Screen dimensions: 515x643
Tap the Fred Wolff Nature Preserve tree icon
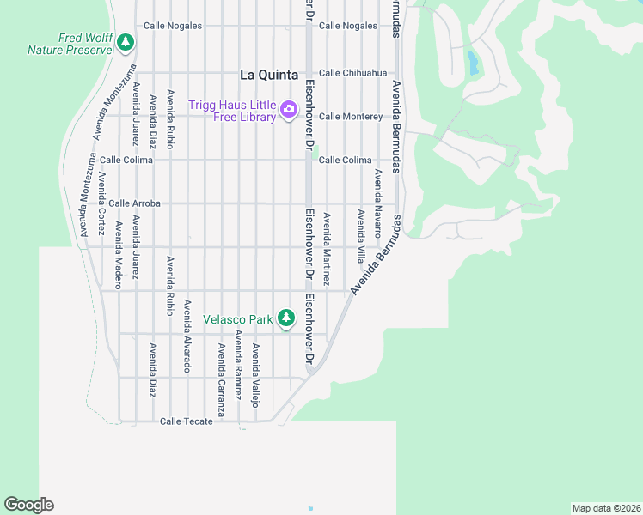pyautogui.click(x=126, y=41)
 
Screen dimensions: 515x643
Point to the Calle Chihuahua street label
pyautogui.click(x=352, y=73)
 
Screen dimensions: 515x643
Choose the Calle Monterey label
pyautogui.click(x=351, y=117)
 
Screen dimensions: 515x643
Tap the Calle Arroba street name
pyautogui.click(x=134, y=203)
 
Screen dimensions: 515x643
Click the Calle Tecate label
pyautogui.click(x=186, y=421)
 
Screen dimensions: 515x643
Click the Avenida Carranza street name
pyautogui.click(x=221, y=380)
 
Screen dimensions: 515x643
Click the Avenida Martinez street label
pyautogui.click(x=327, y=249)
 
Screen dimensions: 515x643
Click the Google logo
pyautogui.click(x=28, y=505)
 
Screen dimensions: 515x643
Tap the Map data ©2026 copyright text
pyautogui.click(x=605, y=508)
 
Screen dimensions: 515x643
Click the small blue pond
pyautogui.click(x=472, y=62)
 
